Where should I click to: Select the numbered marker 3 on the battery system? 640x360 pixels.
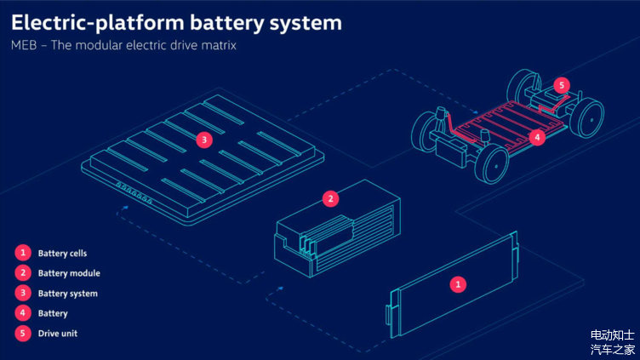[203, 140]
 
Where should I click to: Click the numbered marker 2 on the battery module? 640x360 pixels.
[331, 199]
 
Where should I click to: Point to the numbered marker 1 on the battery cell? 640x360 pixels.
[459, 284]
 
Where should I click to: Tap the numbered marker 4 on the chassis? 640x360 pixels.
[537, 135]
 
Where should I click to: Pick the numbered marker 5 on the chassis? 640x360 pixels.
[560, 85]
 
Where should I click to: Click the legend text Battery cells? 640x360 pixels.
[62, 254]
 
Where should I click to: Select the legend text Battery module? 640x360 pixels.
[69, 273]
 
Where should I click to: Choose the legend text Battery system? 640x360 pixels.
[68, 294]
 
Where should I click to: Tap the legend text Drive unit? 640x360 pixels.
[58, 334]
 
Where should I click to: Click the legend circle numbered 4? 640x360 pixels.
[22, 314]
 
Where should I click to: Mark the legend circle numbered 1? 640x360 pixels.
[22, 253]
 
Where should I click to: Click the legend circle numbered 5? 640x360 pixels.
[22, 334]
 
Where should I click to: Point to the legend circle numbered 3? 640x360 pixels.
[22, 294]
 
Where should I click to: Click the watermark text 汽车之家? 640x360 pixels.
[613, 349]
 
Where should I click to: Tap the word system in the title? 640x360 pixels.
[298, 21]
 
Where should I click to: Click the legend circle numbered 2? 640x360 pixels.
[22, 273]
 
